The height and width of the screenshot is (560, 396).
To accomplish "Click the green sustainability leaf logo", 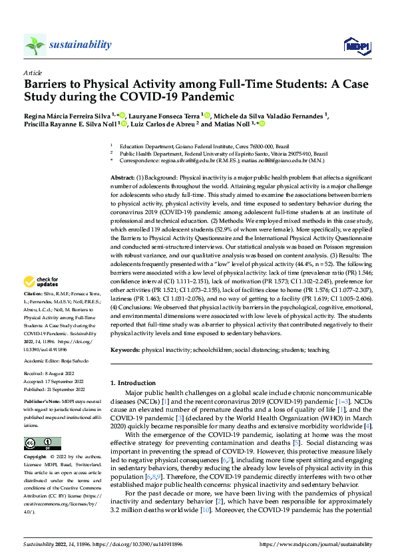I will pos(35,45).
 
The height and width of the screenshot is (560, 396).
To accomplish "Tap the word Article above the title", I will pos(33,72).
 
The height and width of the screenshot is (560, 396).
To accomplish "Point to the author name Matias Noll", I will pos(233,124).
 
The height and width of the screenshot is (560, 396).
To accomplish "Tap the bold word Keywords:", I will pos(124,349).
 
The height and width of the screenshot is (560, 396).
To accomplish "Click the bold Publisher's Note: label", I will pos(40,402).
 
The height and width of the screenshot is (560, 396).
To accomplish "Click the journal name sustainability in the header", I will pos(79,45).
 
